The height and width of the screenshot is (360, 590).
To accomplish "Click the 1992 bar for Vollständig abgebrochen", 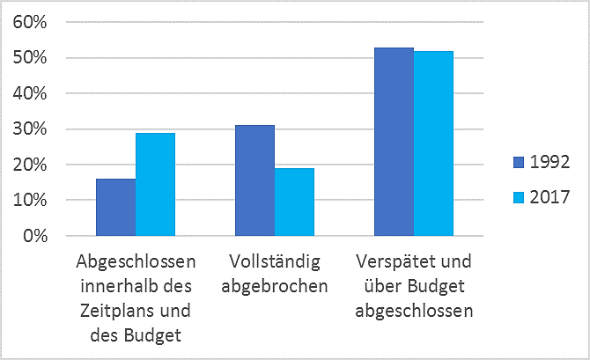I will pyautogui.click(x=254, y=180).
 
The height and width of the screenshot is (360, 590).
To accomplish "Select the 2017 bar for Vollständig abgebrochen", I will pyautogui.click(x=294, y=202).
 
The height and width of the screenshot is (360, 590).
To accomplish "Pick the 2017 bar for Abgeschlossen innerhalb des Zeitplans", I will pyautogui.click(x=155, y=184).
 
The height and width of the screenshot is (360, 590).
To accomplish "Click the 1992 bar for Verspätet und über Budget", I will pyautogui.click(x=394, y=142).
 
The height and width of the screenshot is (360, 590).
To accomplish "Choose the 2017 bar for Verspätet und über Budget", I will pyautogui.click(x=433, y=143).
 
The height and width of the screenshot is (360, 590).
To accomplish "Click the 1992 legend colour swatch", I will pyautogui.click(x=520, y=162).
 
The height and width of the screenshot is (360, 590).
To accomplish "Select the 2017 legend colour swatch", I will pyautogui.click(x=520, y=197).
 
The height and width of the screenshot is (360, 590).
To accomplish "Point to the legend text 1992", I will pyautogui.click(x=549, y=162).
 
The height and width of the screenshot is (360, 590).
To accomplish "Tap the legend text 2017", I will pyautogui.click(x=549, y=197).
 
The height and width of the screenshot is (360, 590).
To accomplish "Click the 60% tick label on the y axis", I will pyautogui.click(x=28, y=22).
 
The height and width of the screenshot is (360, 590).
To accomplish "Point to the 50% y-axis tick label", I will pyautogui.click(x=28, y=58).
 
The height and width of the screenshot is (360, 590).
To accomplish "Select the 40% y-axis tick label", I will pyautogui.click(x=28, y=93).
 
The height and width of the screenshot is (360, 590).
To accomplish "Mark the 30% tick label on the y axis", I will pyautogui.click(x=28, y=129).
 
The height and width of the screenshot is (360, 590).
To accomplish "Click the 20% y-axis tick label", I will pyautogui.click(x=28, y=165).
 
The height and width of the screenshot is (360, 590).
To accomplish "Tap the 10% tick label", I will pyautogui.click(x=28, y=201).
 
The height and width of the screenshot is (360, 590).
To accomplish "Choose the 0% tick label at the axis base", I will pyautogui.click(x=33, y=236).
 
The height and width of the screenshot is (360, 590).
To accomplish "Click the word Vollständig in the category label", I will pyautogui.click(x=274, y=262).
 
